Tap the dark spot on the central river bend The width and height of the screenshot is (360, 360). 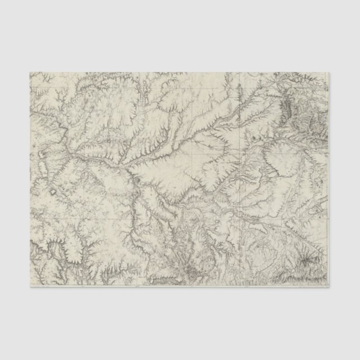tap(136, 179)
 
